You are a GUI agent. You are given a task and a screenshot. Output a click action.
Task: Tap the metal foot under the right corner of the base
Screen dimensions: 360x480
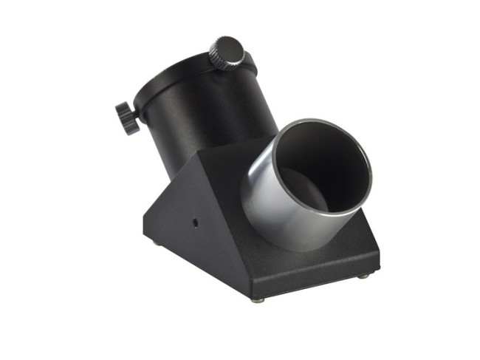pos(363,276)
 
